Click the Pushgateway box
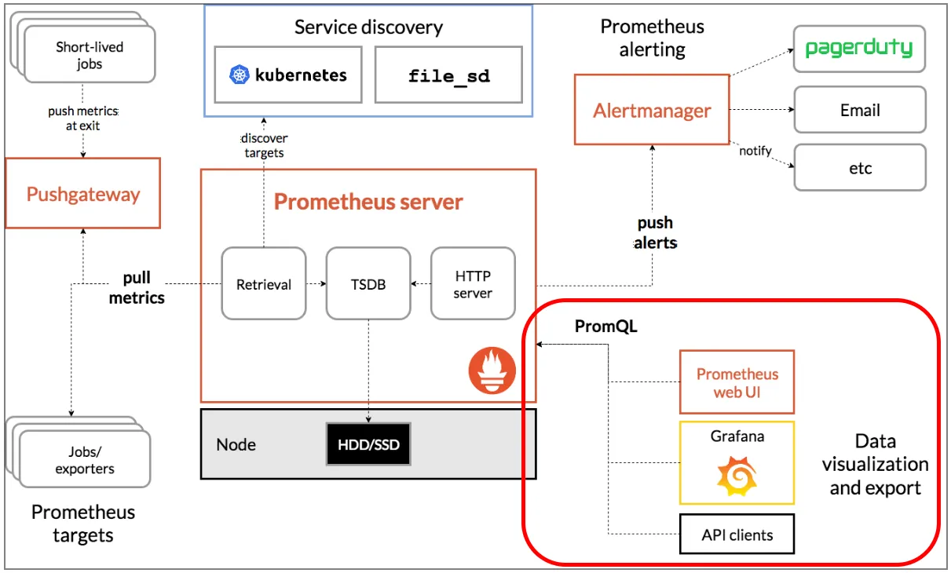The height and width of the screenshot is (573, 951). click(x=82, y=193)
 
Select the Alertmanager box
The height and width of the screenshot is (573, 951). click(x=652, y=110)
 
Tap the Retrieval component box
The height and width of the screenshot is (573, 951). click(x=264, y=284)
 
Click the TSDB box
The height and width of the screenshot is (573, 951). click(x=368, y=284)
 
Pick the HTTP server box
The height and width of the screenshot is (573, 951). click(x=473, y=284)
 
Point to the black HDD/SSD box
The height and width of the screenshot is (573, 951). click(x=368, y=444)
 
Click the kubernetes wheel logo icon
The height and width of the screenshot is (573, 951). click(x=239, y=75)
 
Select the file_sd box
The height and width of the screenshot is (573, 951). click(x=448, y=75)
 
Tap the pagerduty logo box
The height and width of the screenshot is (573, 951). click(x=859, y=49)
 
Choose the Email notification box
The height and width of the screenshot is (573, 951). click(x=859, y=110)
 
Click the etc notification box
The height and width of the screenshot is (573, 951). click(x=859, y=168)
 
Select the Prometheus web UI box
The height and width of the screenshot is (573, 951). click(x=737, y=382)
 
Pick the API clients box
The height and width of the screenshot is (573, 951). click(x=737, y=535)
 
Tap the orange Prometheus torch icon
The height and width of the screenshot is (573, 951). click(x=492, y=370)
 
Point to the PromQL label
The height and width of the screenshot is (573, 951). click(x=605, y=327)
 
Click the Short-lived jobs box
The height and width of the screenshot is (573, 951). click(x=89, y=55)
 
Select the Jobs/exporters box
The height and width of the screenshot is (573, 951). click(x=84, y=460)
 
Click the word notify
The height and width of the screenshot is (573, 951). click(x=755, y=151)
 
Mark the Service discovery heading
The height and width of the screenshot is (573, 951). click(x=368, y=27)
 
